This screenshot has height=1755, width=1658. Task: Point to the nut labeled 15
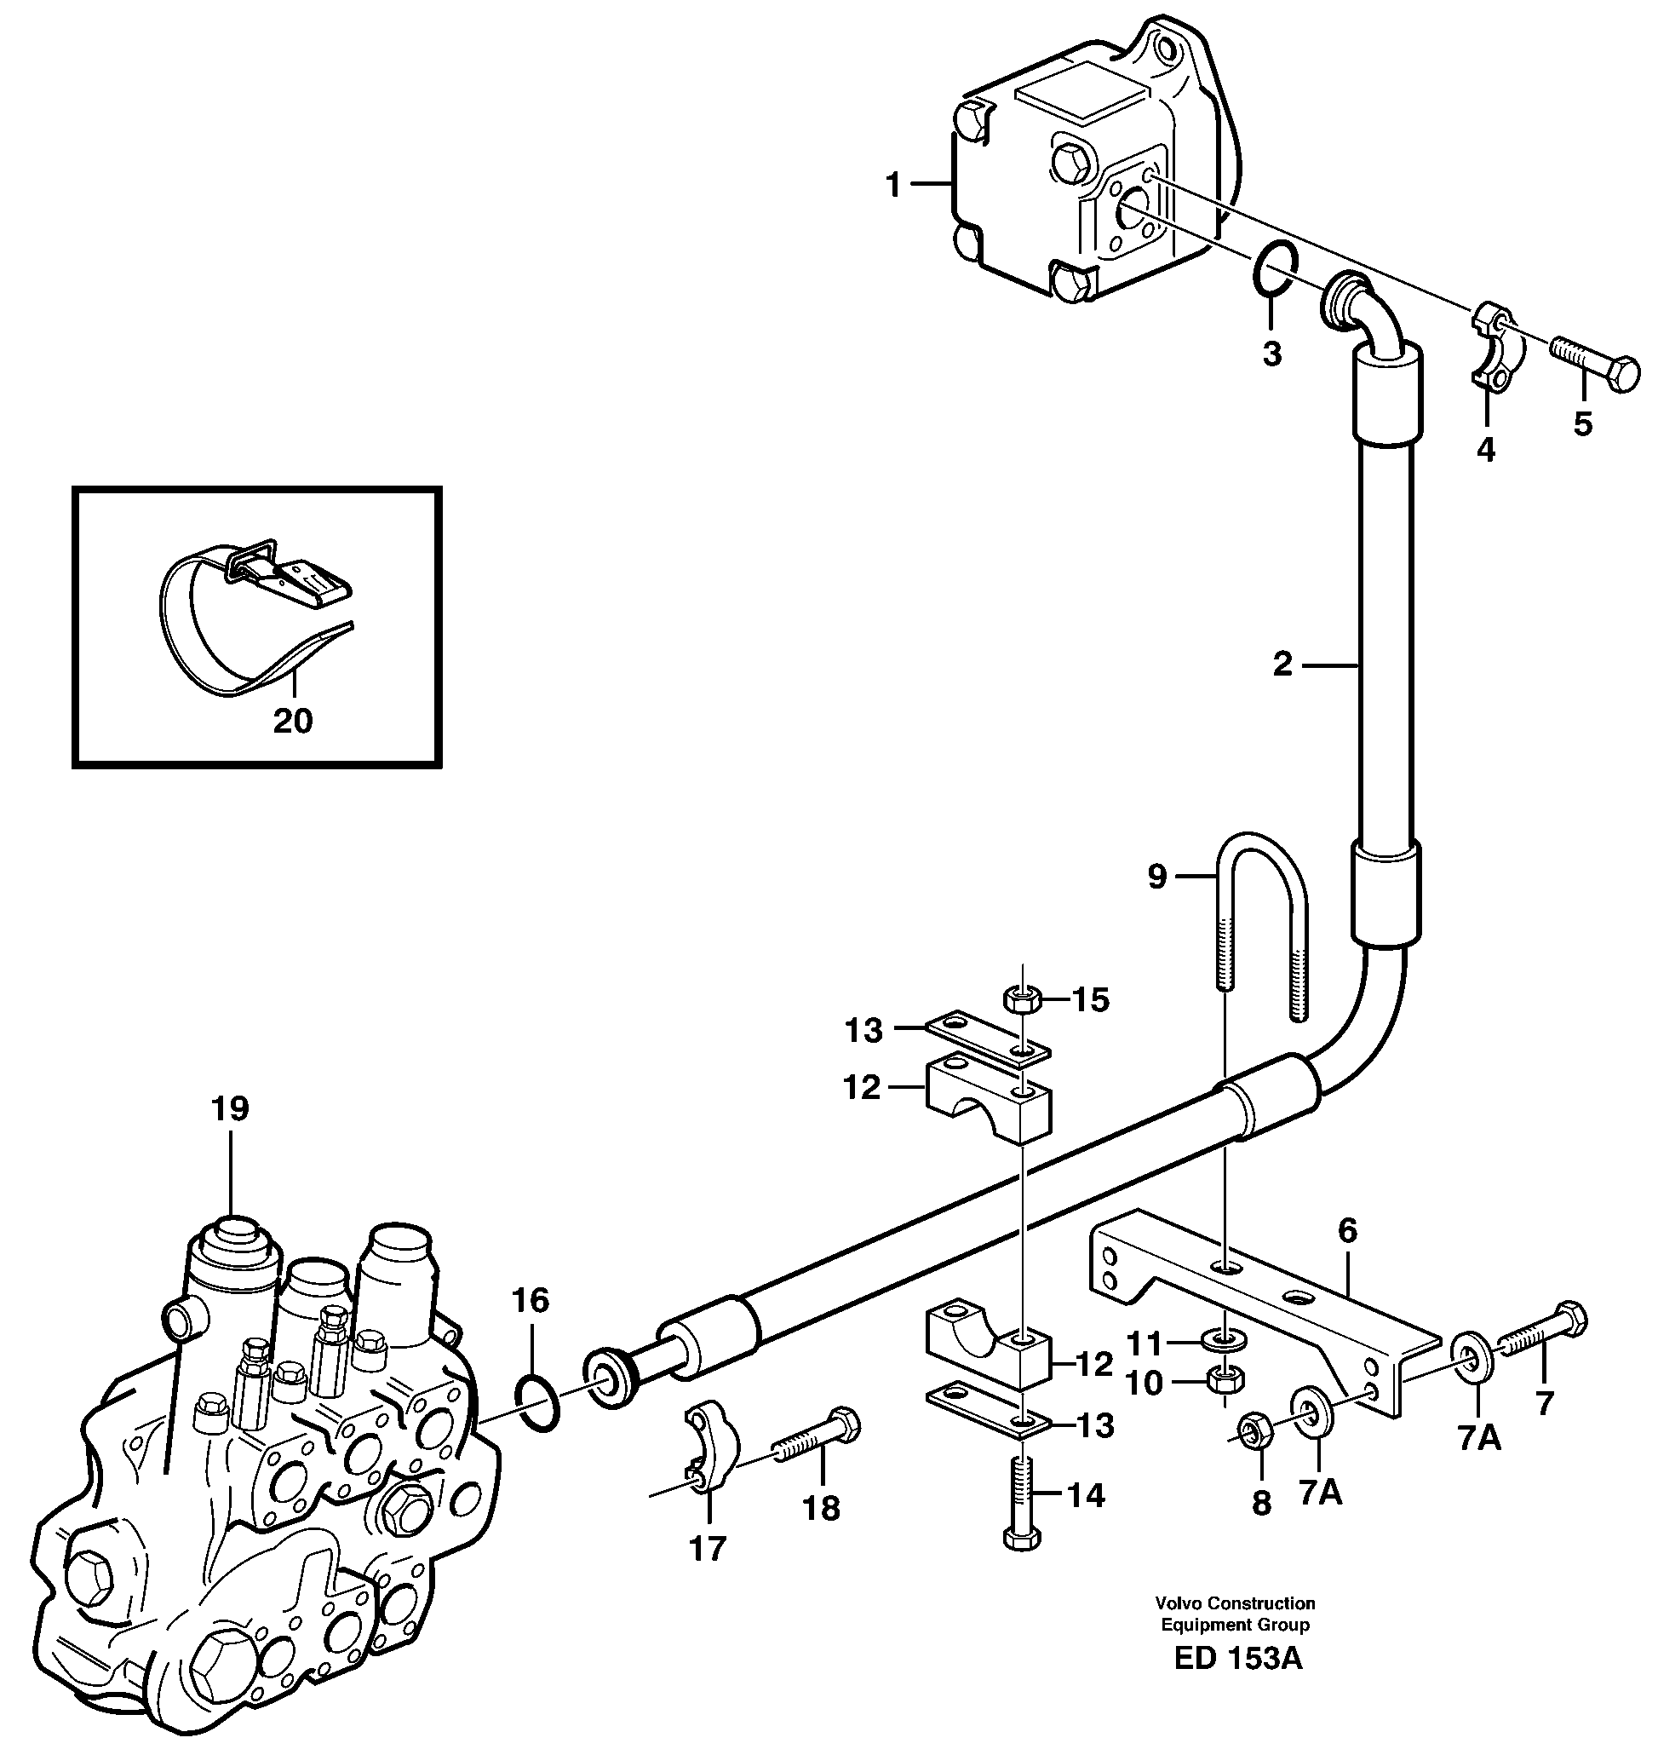click(x=1024, y=1001)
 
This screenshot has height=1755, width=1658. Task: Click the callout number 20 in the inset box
click(x=293, y=722)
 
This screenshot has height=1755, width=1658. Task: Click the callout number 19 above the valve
click(x=230, y=1108)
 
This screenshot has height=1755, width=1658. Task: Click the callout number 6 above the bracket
click(x=1347, y=1230)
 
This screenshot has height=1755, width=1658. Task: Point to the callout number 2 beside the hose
click(x=1282, y=664)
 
